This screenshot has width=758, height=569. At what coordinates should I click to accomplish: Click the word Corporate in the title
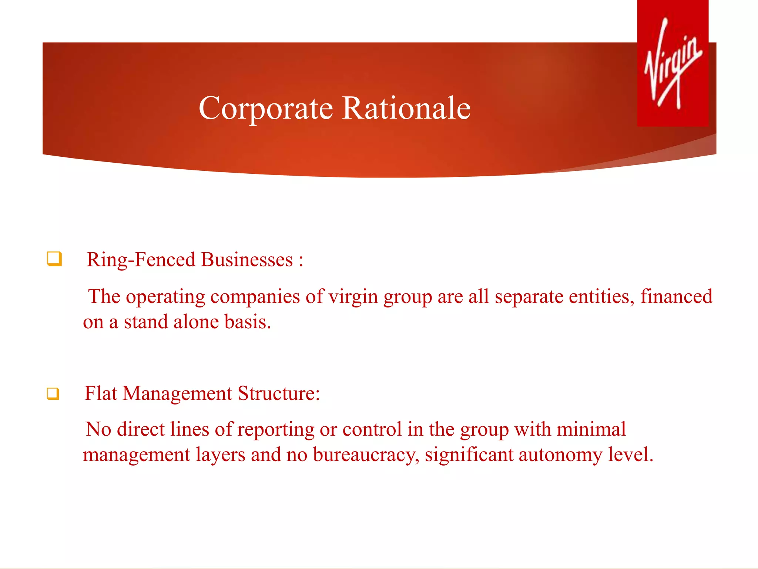pos(266,108)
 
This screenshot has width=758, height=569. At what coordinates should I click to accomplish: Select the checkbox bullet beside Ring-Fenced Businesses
pos(54,259)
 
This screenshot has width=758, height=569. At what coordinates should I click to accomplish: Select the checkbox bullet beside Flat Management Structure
pos(53,393)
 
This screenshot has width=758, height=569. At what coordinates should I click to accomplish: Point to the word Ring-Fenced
pos(141,260)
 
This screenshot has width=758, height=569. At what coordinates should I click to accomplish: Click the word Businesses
pos(247,260)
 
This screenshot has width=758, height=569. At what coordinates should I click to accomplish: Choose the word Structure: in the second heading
pos(279,393)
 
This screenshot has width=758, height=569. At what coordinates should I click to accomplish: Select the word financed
pos(676,297)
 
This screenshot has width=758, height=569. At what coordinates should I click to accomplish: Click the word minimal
pos(591,430)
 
